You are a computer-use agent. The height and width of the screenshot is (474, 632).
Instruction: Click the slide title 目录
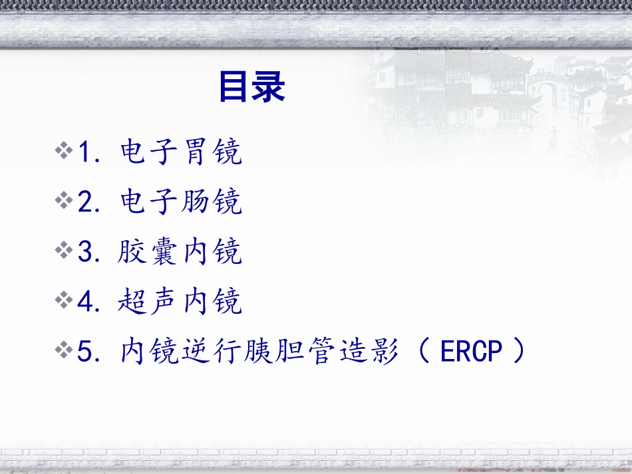tap(251, 88)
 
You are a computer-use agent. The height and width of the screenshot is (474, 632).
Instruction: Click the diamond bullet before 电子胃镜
tap(65, 152)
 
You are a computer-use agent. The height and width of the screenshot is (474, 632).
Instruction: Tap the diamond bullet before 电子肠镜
tap(65, 201)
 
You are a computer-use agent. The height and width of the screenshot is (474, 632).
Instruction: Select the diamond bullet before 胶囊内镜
tap(65, 251)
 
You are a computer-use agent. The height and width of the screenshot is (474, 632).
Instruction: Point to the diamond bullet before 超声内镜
tap(65, 301)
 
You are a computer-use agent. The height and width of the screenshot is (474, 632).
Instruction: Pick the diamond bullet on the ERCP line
tap(65, 350)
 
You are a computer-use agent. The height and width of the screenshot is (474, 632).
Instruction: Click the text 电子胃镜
tap(181, 152)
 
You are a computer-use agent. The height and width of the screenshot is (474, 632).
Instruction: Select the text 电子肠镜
tap(181, 201)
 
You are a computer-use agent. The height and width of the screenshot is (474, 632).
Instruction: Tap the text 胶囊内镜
tap(181, 251)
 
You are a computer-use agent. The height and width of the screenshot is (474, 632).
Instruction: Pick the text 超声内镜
tap(181, 301)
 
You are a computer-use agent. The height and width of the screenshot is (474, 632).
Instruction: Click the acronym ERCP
tap(470, 351)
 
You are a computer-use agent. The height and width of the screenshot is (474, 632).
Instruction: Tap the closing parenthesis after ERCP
tap(518, 351)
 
